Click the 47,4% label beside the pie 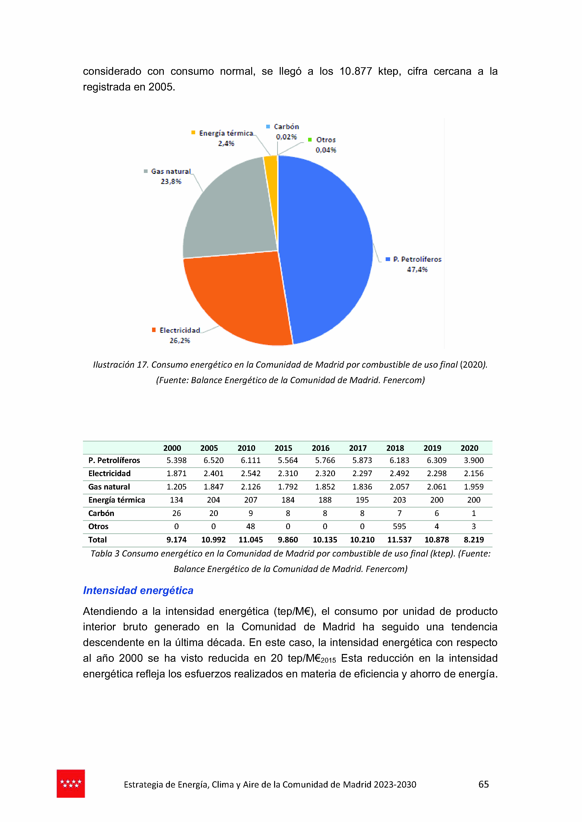(x=417, y=269)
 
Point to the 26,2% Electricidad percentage (x=179, y=340)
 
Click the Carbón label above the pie (x=286, y=127)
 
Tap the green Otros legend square (x=310, y=140)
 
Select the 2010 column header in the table (x=246, y=448)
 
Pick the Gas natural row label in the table (x=109, y=487)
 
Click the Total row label (x=97, y=540)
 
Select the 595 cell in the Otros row (x=399, y=526)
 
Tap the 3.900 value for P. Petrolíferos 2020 (x=474, y=460)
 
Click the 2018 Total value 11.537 (x=399, y=540)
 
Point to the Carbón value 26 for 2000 (x=176, y=513)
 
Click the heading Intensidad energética (x=138, y=590)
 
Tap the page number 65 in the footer (x=483, y=784)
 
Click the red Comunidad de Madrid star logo (x=71, y=784)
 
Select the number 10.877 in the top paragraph (x=355, y=71)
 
